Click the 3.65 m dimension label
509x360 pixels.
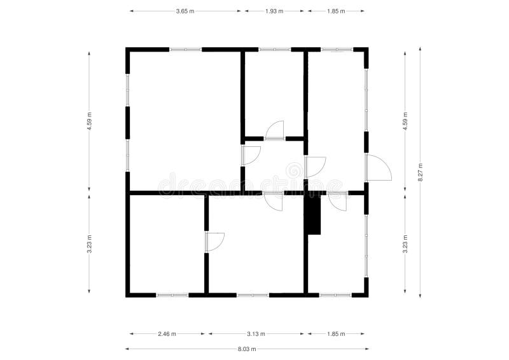click(186, 11)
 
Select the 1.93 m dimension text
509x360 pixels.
click(274, 11)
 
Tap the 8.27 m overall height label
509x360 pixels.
click(420, 172)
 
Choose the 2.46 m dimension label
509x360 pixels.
click(167, 333)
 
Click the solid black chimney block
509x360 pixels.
click(312, 214)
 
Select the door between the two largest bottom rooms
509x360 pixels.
click(214, 242)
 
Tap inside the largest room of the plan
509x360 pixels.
click(185, 121)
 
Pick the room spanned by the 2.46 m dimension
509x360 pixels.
click(167, 245)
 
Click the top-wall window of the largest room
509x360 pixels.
click(185, 49)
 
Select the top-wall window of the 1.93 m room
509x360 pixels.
click(274, 49)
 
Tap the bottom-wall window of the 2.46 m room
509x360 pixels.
click(172, 295)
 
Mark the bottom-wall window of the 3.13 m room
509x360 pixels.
click(253, 295)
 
